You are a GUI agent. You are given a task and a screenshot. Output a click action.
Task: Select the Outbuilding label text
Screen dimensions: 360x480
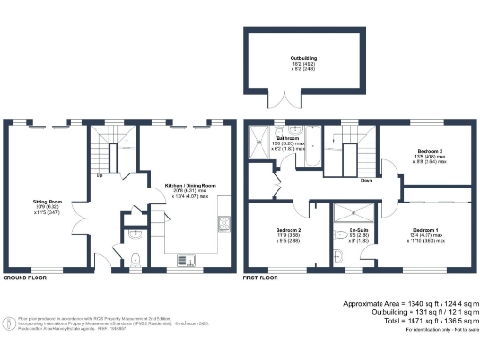[x=303, y=58]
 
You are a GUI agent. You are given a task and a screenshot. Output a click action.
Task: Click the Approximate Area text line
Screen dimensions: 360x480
[x=410, y=305]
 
